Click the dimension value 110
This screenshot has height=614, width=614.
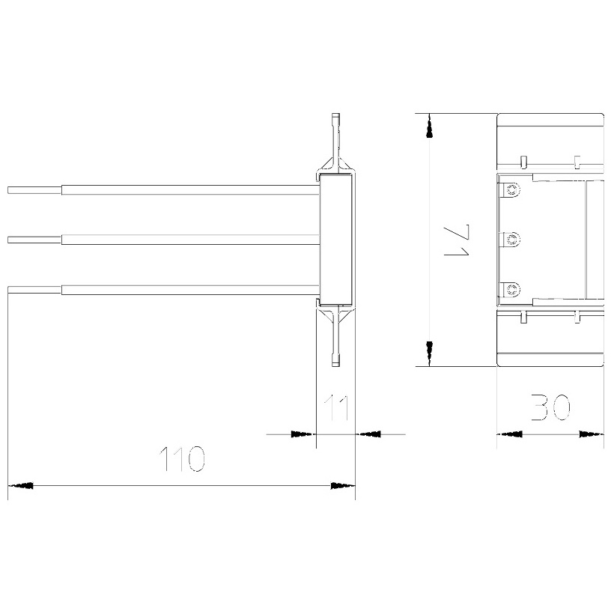(x=182, y=458)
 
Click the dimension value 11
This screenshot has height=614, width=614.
(x=336, y=408)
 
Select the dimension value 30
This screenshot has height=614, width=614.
(x=550, y=407)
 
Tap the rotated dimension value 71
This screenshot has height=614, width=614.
(x=457, y=240)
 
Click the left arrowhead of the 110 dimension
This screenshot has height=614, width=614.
(x=20, y=486)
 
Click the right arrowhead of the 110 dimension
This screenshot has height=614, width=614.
(x=343, y=486)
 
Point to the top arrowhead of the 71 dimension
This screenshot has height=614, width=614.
(x=430, y=126)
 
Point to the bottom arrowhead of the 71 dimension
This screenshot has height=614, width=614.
(x=430, y=353)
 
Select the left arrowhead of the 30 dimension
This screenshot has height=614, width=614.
(x=509, y=434)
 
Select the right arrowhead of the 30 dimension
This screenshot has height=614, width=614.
(x=592, y=434)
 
